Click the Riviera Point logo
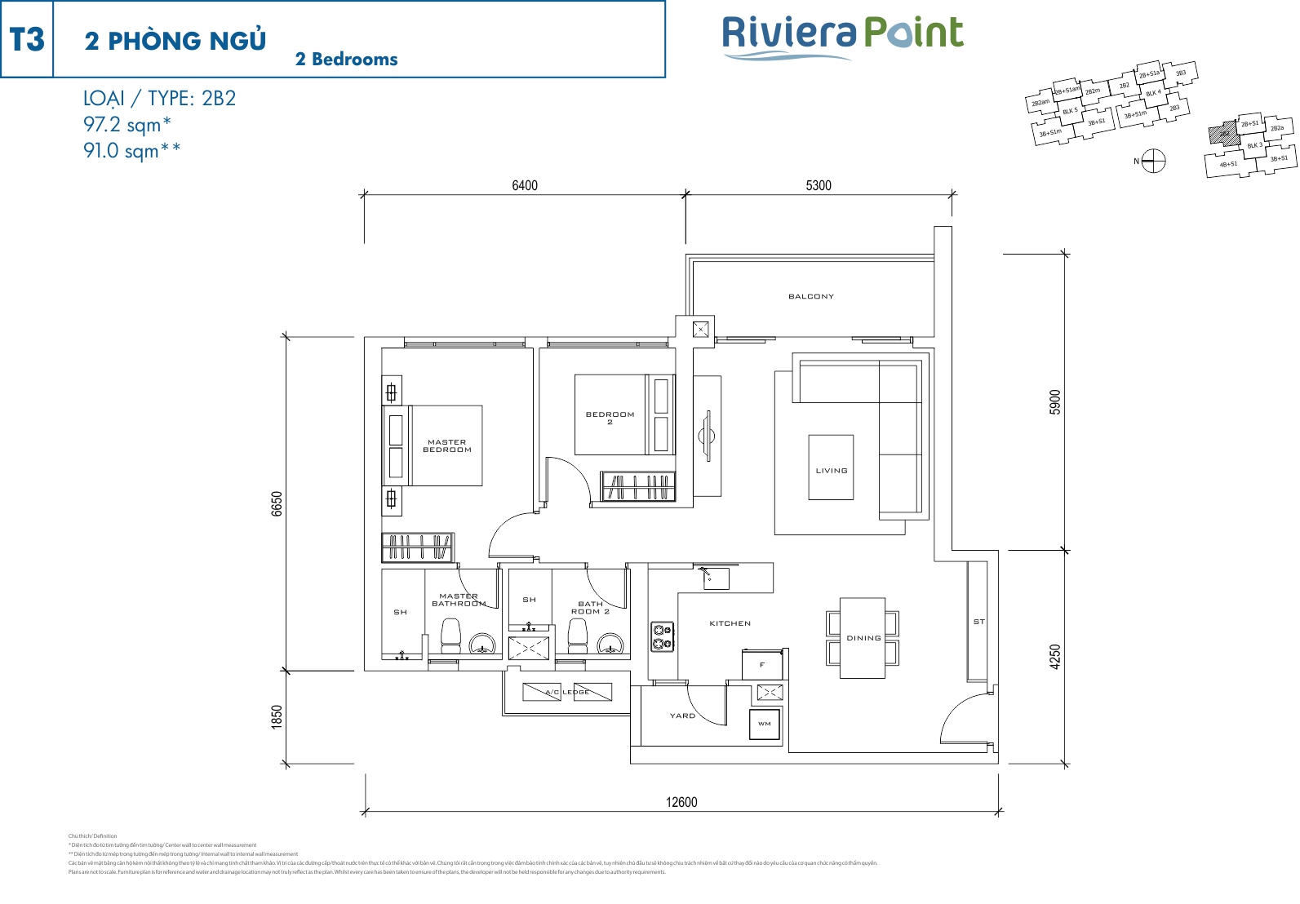(x=842, y=37)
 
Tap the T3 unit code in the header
(x=27, y=40)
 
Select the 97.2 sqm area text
(x=126, y=125)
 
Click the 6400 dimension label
(x=525, y=185)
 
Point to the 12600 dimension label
(x=681, y=802)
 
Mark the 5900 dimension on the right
(x=1055, y=402)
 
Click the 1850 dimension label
(x=277, y=717)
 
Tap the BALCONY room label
(x=811, y=296)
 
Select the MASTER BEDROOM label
(x=447, y=445)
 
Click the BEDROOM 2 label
(x=610, y=418)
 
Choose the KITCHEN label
(x=730, y=623)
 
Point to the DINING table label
(x=863, y=638)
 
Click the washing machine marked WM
(x=765, y=724)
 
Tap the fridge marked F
(x=762, y=665)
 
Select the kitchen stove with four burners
(x=662, y=636)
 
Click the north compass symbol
(x=1153, y=161)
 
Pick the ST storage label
(x=978, y=622)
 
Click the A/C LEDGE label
(x=567, y=692)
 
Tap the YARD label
(x=682, y=716)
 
